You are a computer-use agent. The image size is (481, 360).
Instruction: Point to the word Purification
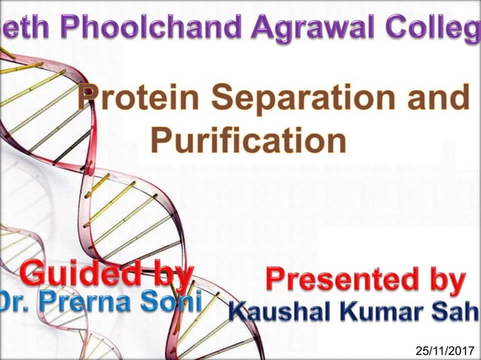coord(248,139)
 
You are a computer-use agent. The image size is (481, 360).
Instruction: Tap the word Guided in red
coord(75,272)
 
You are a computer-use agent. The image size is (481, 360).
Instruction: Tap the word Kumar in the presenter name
coord(384,310)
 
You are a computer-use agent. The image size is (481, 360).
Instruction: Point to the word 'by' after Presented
coord(446,280)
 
